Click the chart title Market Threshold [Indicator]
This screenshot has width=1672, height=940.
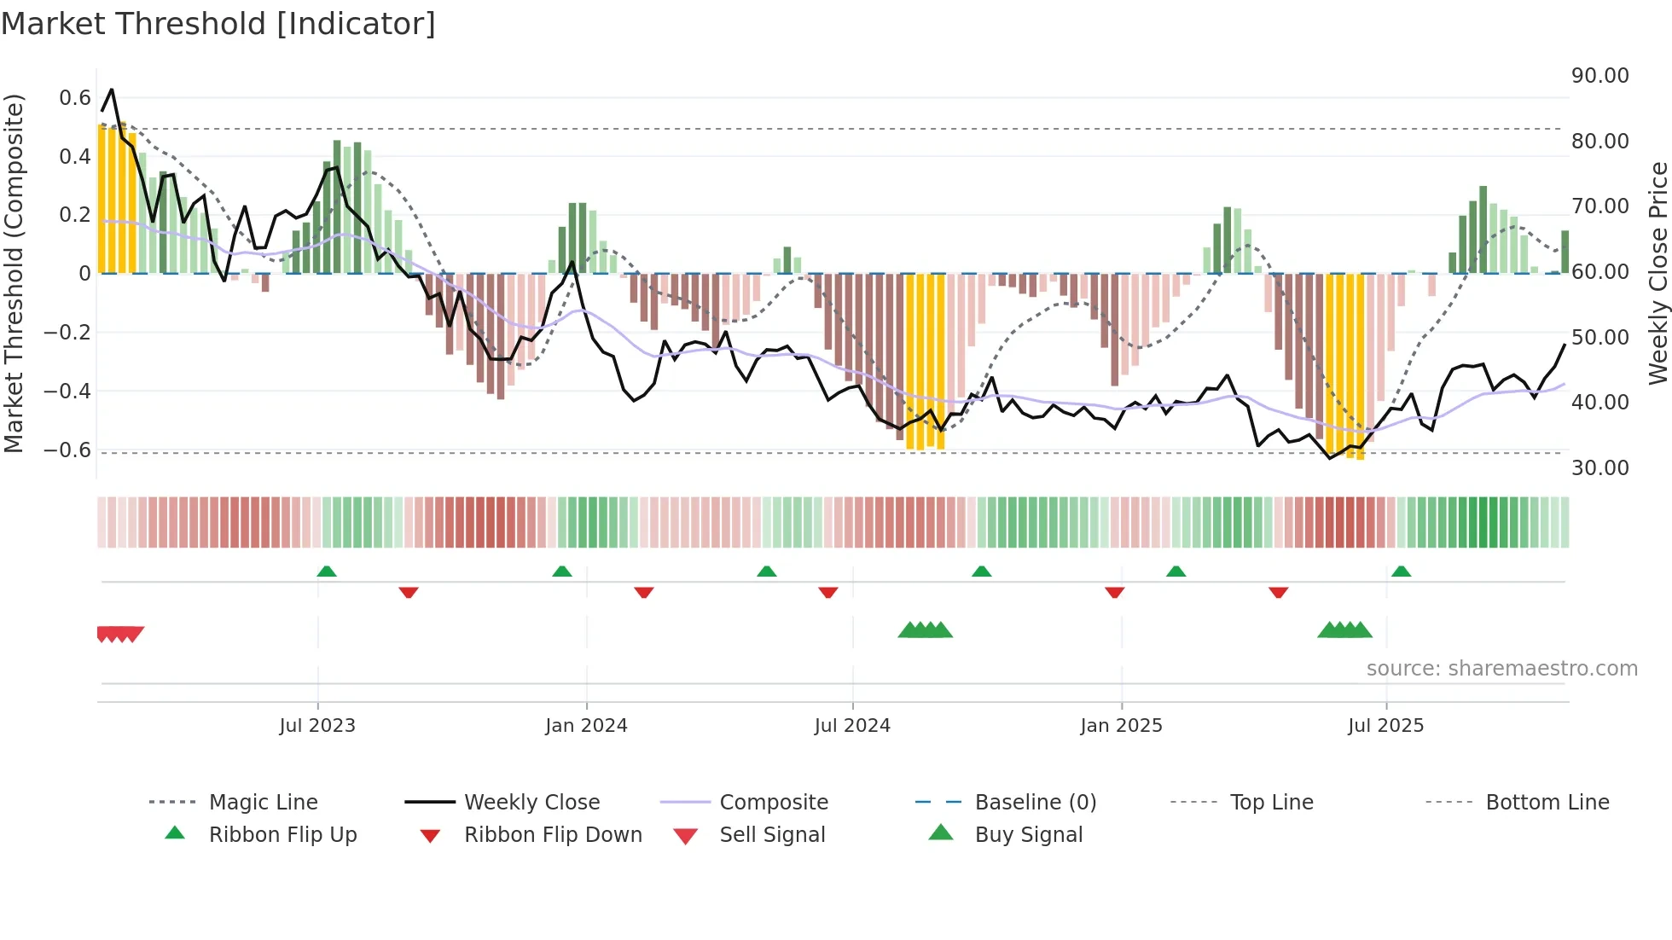pos(218,24)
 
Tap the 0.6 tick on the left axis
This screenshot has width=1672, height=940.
pos(75,98)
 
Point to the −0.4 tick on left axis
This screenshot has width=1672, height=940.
pos(67,392)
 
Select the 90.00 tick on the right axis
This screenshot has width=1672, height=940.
pos(1600,76)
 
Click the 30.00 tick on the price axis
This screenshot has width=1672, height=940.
pos(1600,468)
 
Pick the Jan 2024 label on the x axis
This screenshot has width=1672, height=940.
pos(586,726)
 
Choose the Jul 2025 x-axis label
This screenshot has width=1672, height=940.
pos(1385,726)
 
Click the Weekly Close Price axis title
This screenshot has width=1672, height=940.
pos(1657,273)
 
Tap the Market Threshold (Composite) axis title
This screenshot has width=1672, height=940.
pos(14,273)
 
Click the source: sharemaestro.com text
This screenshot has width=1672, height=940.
pos(1501,669)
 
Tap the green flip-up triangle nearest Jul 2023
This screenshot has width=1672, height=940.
pos(327,572)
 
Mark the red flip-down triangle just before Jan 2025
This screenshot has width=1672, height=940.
pos(1114,592)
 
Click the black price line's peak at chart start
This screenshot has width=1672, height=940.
pos(112,90)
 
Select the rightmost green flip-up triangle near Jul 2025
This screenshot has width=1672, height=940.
pos(1401,572)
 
